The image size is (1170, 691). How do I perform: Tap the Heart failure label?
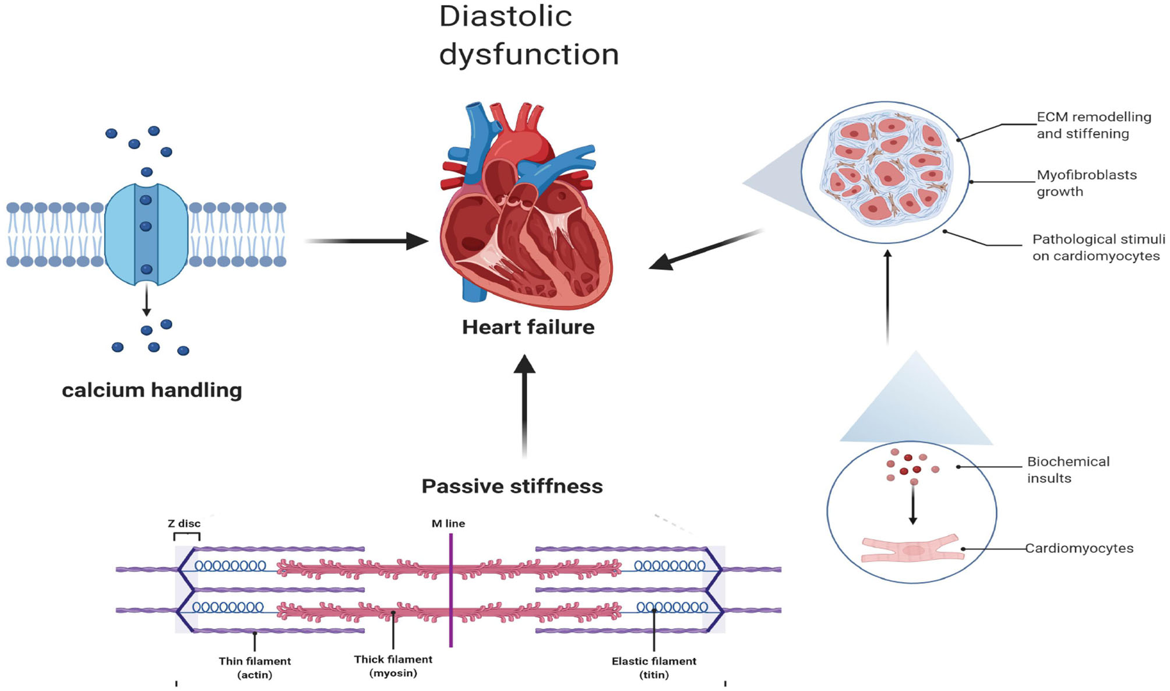[x=528, y=327]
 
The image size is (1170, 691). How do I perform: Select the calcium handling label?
[x=152, y=390]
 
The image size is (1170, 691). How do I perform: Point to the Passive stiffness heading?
[x=512, y=486]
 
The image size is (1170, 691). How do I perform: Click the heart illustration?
[x=524, y=210]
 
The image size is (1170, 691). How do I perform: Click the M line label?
[x=448, y=524]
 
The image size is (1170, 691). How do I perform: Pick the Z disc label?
[x=184, y=524]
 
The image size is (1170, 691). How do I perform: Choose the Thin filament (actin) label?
[x=255, y=668]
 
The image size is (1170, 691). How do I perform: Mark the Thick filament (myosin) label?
[x=393, y=666]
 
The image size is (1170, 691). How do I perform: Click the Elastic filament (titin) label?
[x=654, y=668]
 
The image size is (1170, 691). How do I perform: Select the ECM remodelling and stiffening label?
[x=1094, y=125]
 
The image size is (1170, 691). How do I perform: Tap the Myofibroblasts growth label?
[x=1086, y=183]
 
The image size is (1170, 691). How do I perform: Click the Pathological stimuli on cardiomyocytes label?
[x=1098, y=248]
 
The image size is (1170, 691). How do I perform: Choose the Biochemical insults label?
[x=1067, y=470]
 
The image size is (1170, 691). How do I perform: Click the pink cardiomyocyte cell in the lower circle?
[x=912, y=549]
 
